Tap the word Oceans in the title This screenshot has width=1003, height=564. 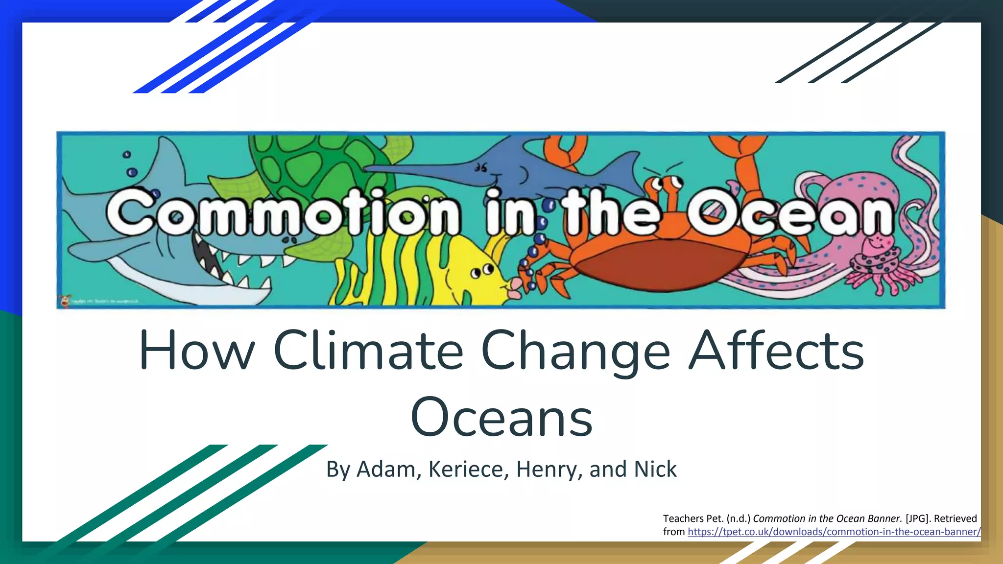point(501,418)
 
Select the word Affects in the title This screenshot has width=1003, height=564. point(776,351)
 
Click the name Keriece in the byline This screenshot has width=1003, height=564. point(465,469)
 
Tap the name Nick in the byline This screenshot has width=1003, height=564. point(655,469)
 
